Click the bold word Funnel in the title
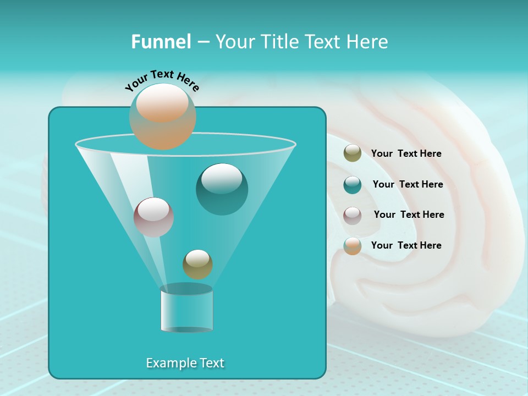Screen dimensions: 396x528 (161, 42)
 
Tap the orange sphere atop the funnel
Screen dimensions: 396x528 (163, 116)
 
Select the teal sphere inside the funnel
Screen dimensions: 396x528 (222, 190)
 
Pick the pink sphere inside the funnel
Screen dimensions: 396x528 (153, 217)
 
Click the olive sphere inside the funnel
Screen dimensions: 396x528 (197, 265)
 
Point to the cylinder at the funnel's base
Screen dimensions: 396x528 (186, 309)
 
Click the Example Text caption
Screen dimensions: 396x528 (185, 363)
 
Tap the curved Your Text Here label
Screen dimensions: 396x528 (162, 80)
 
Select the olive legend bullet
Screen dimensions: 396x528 (353, 153)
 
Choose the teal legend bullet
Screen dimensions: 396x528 (353, 185)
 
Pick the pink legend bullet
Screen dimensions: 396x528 (353, 215)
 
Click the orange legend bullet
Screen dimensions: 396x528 (353, 246)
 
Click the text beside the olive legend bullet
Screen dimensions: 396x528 (406, 154)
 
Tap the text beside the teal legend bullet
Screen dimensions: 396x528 (408, 185)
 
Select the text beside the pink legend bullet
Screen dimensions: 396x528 (409, 215)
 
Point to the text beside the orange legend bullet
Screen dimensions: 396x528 (406, 246)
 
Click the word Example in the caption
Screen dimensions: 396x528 (168, 363)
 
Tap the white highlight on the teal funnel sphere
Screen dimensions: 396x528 (222, 178)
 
